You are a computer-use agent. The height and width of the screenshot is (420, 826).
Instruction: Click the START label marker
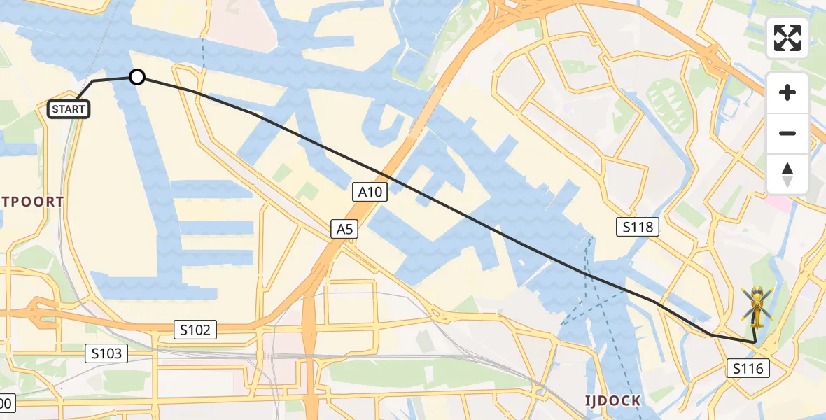[x=69, y=109]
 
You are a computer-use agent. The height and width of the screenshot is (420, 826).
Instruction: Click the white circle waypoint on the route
[x=137, y=77]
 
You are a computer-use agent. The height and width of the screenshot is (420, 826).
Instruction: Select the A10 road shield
[x=370, y=192]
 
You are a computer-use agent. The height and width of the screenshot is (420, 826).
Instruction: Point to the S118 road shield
[x=638, y=226]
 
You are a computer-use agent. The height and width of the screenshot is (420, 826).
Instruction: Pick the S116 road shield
[x=748, y=368]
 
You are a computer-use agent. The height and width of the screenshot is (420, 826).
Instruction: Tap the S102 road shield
[x=195, y=330]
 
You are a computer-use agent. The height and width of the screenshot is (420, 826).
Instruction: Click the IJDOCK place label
[x=613, y=400]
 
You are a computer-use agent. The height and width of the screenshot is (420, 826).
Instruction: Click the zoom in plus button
[x=787, y=92]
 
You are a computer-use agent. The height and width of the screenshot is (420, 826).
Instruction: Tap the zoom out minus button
[x=787, y=133]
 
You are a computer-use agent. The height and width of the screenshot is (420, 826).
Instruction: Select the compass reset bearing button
[x=787, y=174]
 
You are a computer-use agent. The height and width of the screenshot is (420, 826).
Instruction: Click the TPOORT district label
[x=32, y=202]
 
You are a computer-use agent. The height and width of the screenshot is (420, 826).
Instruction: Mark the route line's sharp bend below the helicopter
[x=755, y=342]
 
